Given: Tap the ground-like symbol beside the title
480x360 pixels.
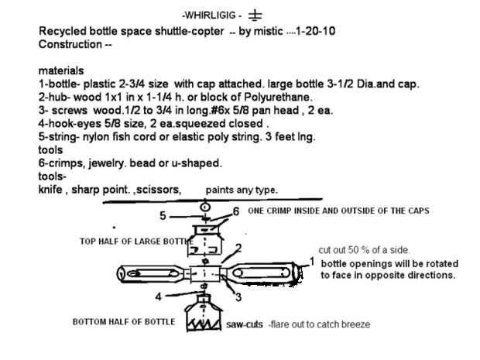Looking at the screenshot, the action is tap(255, 15).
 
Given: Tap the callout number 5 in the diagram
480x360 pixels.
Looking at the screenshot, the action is tap(163, 215).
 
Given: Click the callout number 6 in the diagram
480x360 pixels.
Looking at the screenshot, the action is tap(235, 211).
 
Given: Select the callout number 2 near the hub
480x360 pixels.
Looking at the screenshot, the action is tap(238, 248).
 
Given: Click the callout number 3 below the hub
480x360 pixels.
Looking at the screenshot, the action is tap(238, 296).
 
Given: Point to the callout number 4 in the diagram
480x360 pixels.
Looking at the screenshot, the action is tap(158, 296).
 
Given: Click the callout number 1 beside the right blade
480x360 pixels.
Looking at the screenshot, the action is tap(312, 262).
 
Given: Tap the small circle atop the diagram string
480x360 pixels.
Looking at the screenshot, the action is tap(204, 207).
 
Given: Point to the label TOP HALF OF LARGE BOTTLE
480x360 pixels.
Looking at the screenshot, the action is tap(136, 242).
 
